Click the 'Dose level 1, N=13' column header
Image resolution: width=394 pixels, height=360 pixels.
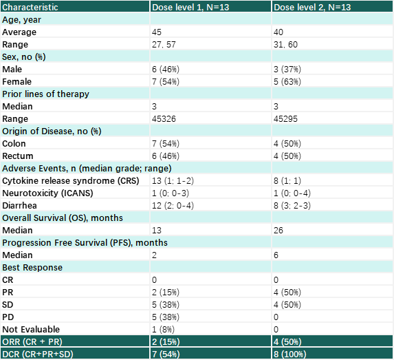point(190,7)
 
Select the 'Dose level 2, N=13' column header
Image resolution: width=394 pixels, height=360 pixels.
point(312,7)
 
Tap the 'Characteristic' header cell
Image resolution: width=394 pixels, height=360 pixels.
point(30,7)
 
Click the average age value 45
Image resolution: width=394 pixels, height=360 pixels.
point(157,32)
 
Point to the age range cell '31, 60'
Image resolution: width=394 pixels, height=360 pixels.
point(285,45)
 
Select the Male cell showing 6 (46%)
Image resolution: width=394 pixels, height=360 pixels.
point(166,70)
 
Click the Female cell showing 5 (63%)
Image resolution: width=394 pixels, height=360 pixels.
point(287,81)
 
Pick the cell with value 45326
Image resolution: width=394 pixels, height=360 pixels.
point(164,119)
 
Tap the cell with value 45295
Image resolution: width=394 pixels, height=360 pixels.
point(285,119)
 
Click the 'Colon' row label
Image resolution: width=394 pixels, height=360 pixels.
point(14,144)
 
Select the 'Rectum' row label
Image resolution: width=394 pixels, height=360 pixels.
point(18,156)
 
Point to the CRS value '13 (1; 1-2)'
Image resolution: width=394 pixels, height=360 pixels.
point(173,180)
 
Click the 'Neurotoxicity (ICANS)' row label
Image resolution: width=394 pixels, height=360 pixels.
point(47,193)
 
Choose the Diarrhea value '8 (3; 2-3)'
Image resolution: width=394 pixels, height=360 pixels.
point(292,206)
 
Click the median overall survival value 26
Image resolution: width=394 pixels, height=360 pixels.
point(278,230)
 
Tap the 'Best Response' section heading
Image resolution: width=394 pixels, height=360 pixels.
point(32,268)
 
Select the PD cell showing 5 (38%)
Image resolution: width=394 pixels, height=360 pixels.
point(166,317)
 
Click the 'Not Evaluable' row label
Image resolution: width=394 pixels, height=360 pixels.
point(31,329)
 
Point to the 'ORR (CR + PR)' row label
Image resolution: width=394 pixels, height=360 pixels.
point(32,341)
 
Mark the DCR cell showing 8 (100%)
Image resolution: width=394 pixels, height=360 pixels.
point(289,354)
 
